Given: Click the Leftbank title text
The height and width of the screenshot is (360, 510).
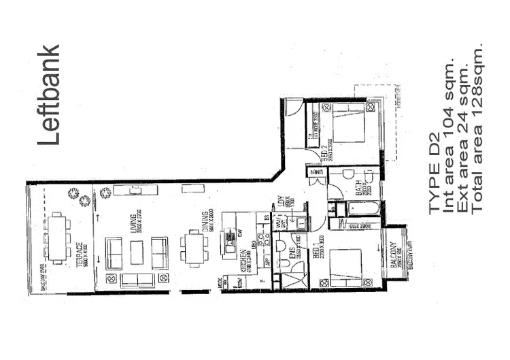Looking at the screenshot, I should point(50,95).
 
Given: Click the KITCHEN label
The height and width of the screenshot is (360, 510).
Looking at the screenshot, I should point(243,261).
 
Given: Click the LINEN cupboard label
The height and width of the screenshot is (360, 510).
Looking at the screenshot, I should point(318,174).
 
